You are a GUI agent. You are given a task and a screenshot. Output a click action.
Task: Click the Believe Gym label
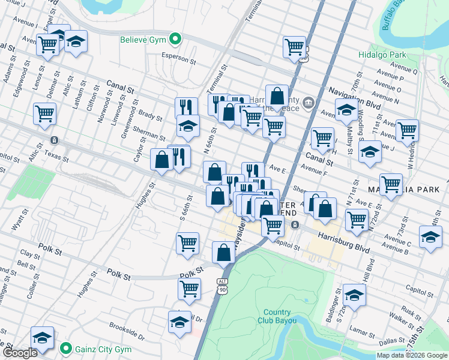(x=143, y=40)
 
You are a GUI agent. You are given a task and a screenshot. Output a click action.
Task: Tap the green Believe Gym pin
(x=175, y=40)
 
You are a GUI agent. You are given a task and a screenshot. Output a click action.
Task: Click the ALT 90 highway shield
(x=223, y=286)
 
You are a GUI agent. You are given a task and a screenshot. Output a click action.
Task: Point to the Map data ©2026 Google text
(x=412, y=355)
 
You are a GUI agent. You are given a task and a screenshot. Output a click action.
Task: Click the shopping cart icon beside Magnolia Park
(x=391, y=184)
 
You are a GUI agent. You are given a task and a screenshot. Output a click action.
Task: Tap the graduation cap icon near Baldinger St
(x=354, y=295)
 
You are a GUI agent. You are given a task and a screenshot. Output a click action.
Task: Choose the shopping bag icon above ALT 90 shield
(x=224, y=252)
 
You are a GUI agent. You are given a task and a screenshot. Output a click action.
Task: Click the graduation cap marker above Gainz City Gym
(x=42, y=337)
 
